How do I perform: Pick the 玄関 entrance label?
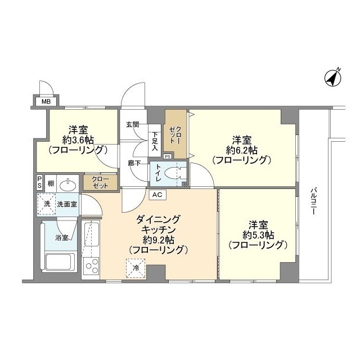(133, 124)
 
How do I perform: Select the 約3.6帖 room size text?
(78, 139)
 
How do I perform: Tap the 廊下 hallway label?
(134, 163)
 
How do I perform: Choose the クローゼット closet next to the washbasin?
(100, 182)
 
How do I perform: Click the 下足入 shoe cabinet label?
(156, 141)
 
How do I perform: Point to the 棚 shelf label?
(51, 183)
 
